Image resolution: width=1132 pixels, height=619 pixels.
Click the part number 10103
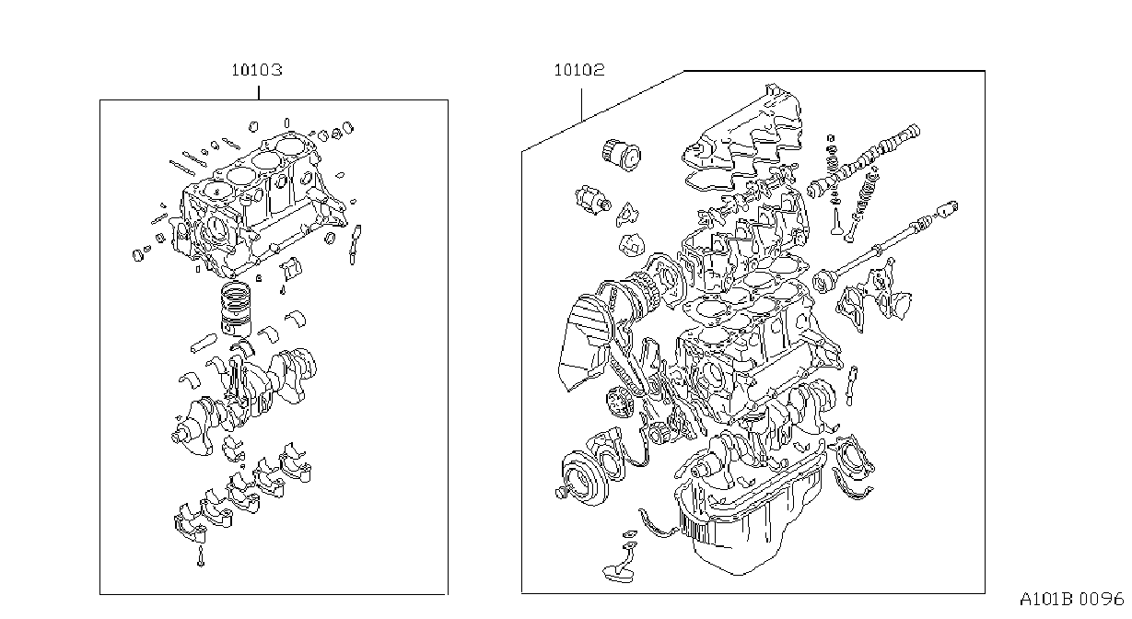(x=257, y=70)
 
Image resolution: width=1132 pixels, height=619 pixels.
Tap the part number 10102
(x=579, y=70)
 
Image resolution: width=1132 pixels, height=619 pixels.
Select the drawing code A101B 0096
(x=1072, y=600)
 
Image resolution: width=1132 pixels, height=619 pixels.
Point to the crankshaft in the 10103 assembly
(x=245, y=399)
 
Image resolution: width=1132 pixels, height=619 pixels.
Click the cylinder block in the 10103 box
(x=258, y=202)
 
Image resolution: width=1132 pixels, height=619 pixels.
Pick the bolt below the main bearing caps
(x=201, y=555)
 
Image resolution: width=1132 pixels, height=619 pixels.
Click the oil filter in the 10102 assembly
(x=622, y=154)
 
